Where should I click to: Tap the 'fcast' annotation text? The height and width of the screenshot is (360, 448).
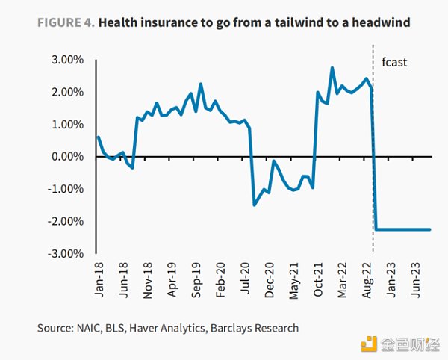click(393, 63)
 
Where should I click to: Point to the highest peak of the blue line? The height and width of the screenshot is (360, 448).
click(332, 68)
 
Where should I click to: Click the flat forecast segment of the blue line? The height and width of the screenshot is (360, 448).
click(403, 229)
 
